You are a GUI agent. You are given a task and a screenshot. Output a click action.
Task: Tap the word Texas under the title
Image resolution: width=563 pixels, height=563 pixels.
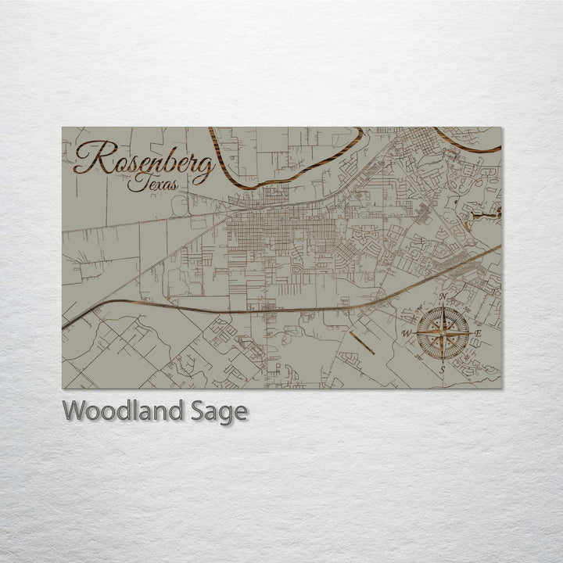[154, 184]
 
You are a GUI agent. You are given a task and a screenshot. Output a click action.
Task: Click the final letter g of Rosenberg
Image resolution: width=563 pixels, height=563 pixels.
[204, 168]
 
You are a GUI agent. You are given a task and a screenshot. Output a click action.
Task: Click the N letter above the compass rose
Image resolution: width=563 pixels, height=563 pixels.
[443, 297]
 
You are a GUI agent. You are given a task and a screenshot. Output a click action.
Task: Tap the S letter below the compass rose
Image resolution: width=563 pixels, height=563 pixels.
[443, 369]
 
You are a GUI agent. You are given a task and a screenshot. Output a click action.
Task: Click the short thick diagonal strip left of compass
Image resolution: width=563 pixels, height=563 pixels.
[361, 342]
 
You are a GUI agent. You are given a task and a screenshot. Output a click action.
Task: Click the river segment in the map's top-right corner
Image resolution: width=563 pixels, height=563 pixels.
[469, 145]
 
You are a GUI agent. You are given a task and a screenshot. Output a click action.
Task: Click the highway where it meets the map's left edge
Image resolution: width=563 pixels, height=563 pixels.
[65, 325]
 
